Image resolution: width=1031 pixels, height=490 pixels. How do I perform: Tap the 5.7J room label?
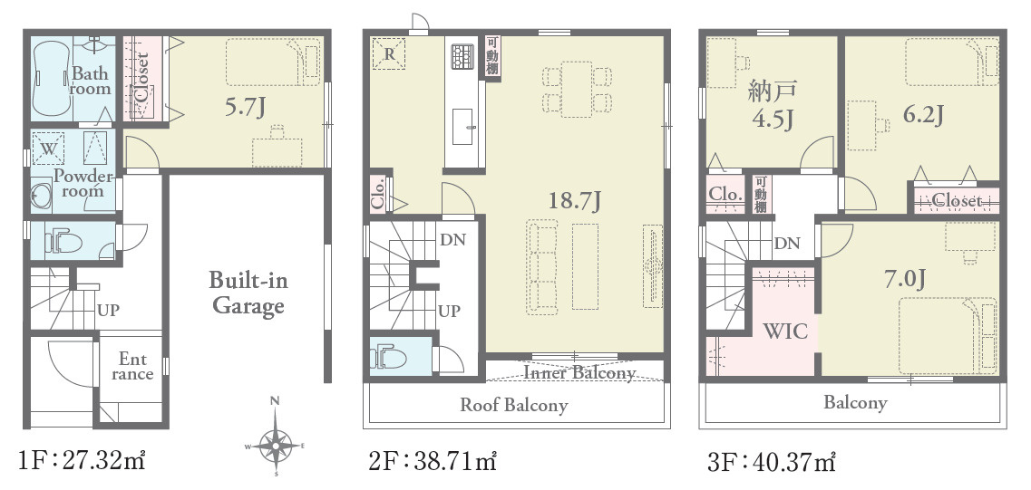(x=245, y=107)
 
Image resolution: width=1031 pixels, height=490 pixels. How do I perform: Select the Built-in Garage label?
(x=248, y=293)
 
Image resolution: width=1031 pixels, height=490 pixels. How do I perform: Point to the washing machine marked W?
(x=48, y=148)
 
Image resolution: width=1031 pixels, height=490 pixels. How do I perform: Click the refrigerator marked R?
(x=389, y=53)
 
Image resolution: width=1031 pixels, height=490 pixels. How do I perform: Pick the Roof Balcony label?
(x=513, y=405)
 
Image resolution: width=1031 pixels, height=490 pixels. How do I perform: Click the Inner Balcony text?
(x=579, y=373)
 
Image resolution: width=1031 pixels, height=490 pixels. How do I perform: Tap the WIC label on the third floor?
(x=784, y=331)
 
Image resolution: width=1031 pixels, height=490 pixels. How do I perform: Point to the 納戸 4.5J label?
(x=772, y=104)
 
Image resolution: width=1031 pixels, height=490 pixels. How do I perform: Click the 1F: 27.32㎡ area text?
(x=82, y=461)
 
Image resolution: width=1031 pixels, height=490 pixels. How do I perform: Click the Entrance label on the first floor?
(x=132, y=367)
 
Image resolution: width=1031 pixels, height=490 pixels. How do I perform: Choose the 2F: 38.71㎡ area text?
(x=433, y=461)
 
